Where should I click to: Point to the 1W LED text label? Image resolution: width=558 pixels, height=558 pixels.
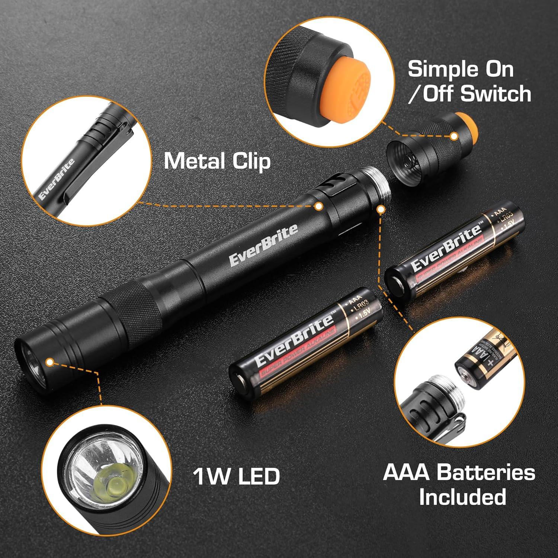click(236, 476)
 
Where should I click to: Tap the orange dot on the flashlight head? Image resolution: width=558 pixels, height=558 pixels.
click(49, 361)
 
